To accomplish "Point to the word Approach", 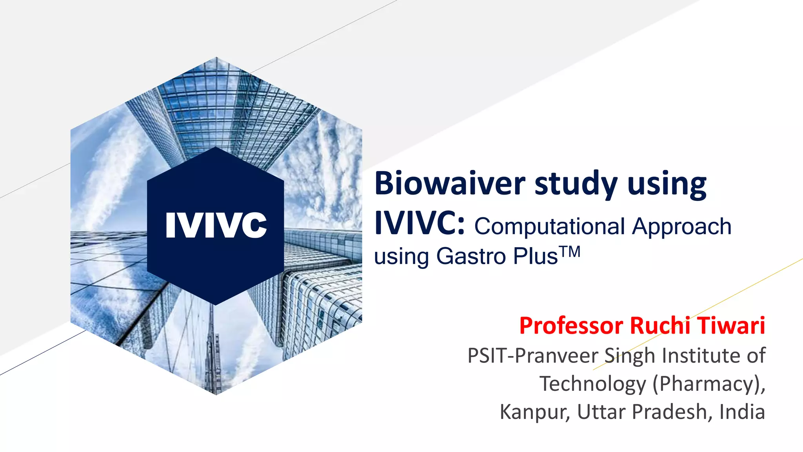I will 682,227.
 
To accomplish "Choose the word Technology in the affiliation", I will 592,384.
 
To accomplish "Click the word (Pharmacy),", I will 709,384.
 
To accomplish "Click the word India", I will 742,412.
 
